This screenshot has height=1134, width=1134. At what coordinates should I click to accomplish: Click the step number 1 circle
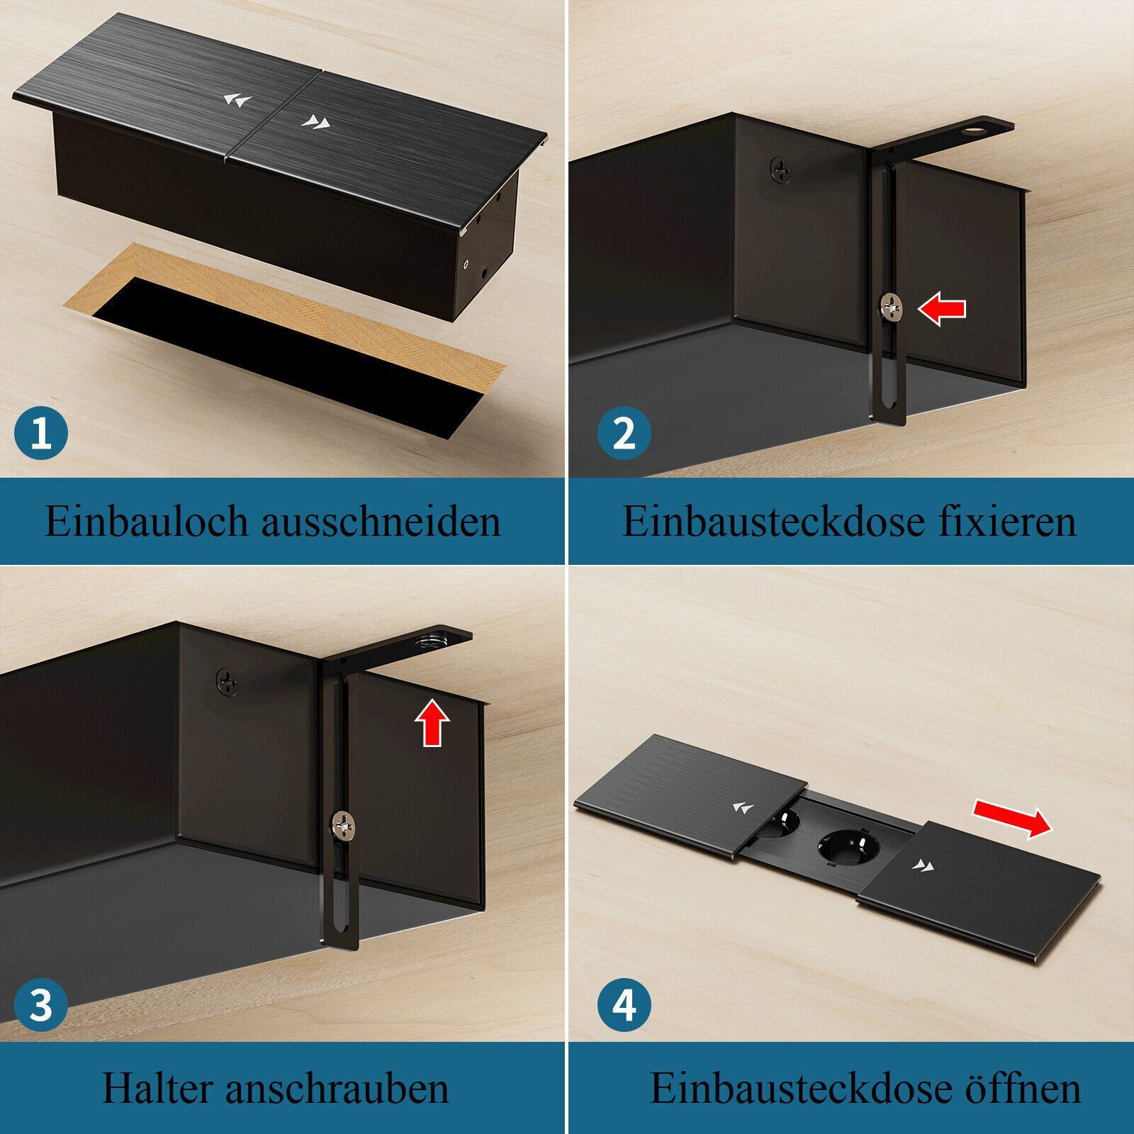tap(41, 432)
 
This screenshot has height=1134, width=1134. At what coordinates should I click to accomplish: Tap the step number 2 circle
tap(624, 432)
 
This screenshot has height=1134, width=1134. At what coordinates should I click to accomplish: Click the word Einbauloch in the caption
tap(147, 521)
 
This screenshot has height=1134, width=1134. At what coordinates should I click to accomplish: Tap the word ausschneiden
tap(381, 521)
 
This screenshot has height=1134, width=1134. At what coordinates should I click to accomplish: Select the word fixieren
tap(1008, 521)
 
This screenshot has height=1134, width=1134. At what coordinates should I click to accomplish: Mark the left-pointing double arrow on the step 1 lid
tap(237, 100)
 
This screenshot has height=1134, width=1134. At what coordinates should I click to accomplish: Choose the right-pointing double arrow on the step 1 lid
tap(315, 123)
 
